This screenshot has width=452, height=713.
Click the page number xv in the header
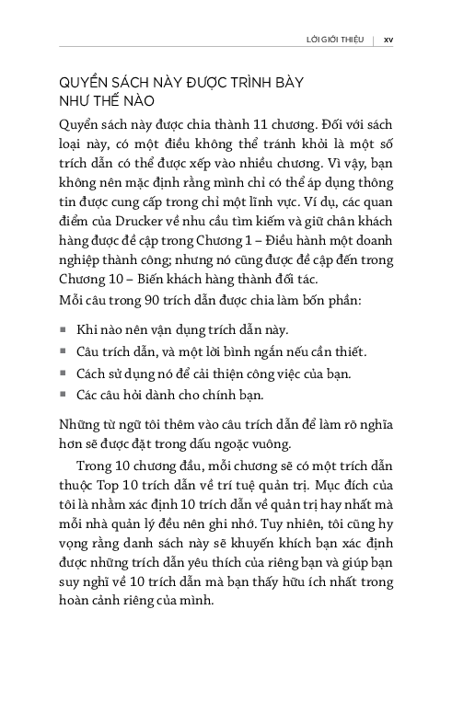tap(388, 40)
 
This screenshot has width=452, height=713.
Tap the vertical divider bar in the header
tap(373, 40)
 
